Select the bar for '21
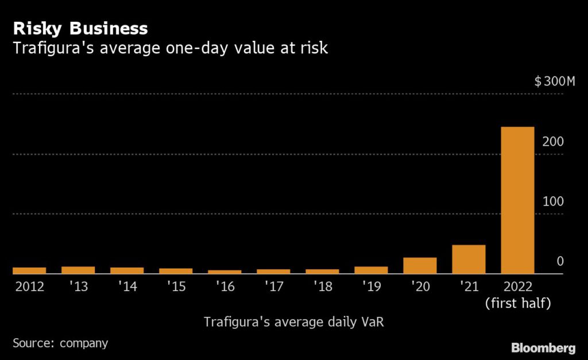pyautogui.click(x=469, y=260)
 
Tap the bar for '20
pyautogui.click(x=420, y=265)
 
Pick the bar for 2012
pyautogui.click(x=29, y=270)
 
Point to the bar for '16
pyautogui.click(x=225, y=272)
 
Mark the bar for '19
pyautogui.click(x=371, y=270)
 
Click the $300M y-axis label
pyautogui.click(x=554, y=82)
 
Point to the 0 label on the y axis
pyautogui.click(x=560, y=261)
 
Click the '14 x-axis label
pyautogui.click(x=127, y=287)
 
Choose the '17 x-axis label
pyautogui.click(x=273, y=287)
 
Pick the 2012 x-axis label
pyautogui.click(x=29, y=287)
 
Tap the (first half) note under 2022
pyautogui.click(x=517, y=303)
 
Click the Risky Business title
pyautogui.click(x=80, y=28)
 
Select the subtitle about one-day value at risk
pyautogui.click(x=170, y=48)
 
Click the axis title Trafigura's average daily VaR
pyautogui.click(x=293, y=322)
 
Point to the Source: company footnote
pyautogui.click(x=60, y=343)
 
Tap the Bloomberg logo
pyautogui.click(x=543, y=347)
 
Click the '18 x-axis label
pyautogui.click(x=322, y=287)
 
